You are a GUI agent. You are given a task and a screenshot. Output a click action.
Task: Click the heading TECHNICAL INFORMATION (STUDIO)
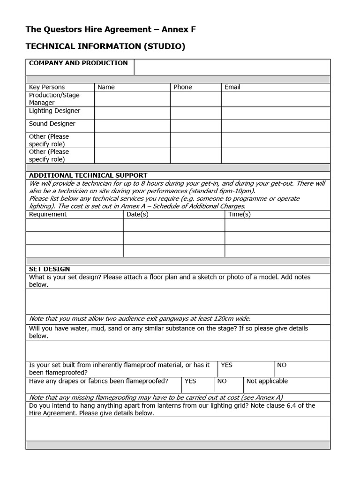(105, 46)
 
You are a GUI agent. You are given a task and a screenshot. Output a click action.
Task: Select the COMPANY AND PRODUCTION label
(78, 63)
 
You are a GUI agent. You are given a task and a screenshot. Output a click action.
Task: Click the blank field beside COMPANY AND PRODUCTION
(232, 67)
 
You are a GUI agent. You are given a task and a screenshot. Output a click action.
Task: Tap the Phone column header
(183, 87)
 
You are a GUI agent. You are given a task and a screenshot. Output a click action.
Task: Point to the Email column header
(232, 87)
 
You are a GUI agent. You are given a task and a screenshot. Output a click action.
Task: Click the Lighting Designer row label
(54, 111)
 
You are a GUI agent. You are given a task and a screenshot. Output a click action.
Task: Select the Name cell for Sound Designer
(132, 126)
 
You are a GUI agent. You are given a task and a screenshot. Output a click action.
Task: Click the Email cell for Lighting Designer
(276, 113)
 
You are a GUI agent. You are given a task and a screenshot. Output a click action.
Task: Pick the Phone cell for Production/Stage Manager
(196, 99)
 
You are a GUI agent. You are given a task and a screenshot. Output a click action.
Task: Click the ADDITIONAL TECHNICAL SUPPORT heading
(88, 175)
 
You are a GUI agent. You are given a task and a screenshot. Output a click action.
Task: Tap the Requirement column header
(48, 214)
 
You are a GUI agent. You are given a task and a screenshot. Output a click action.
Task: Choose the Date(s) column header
(138, 214)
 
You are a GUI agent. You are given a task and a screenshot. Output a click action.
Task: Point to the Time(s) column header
(240, 214)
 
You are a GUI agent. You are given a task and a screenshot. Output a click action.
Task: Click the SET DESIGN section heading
(49, 269)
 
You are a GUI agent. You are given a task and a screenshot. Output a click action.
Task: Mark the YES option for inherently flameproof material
(226, 365)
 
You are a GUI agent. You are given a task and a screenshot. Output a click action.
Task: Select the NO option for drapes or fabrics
(222, 382)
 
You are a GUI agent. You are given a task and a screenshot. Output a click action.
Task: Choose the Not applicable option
(267, 382)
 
